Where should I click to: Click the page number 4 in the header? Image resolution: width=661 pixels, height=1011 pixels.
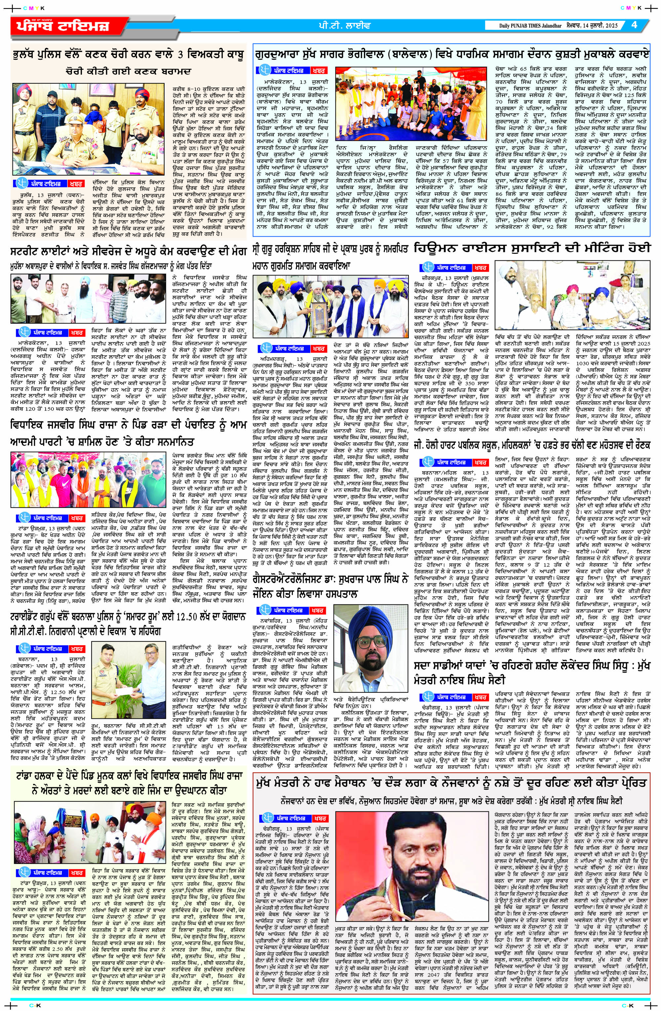634,25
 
